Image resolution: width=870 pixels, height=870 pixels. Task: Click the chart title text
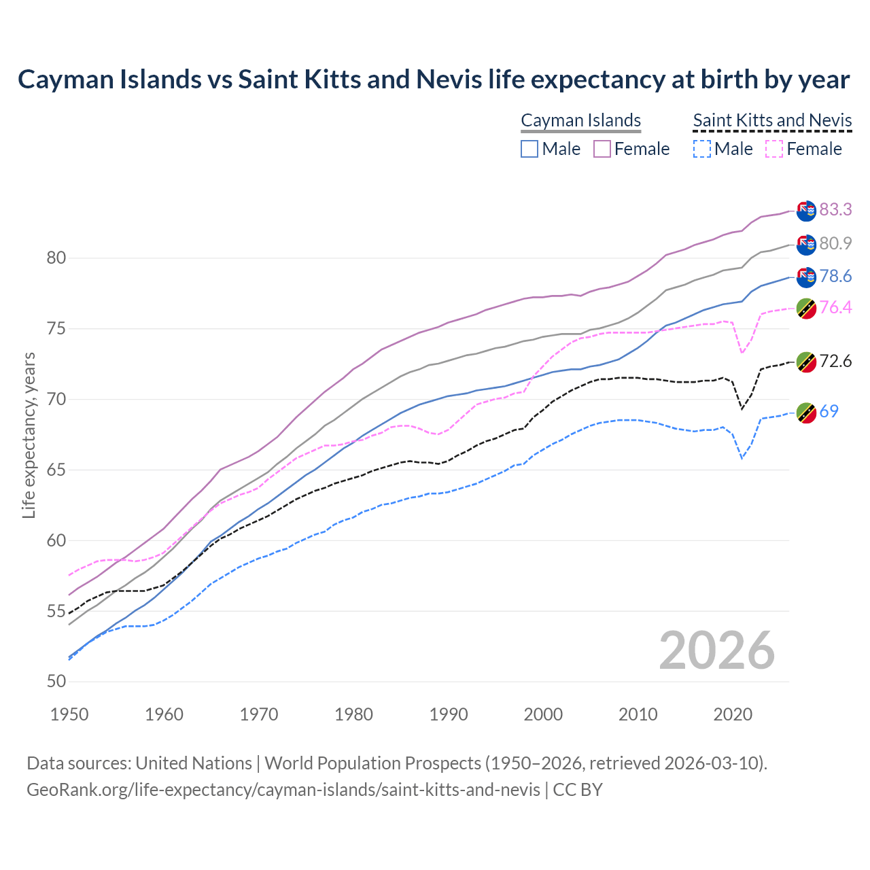click(434, 80)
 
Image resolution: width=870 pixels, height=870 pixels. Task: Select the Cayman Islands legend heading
click(580, 120)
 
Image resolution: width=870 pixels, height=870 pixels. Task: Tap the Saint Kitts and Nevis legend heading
click(772, 120)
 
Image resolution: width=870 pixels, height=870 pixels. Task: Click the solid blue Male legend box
click(529, 149)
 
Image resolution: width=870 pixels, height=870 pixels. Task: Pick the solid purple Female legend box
click(602, 149)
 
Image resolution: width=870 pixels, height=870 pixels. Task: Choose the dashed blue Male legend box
click(702, 149)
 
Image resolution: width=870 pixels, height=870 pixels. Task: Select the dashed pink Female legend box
click(774, 149)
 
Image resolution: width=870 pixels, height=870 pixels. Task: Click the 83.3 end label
click(835, 209)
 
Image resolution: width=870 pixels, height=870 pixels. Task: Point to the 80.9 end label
click(835, 243)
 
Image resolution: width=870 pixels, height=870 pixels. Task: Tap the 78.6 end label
click(835, 276)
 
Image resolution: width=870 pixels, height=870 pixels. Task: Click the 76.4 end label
click(835, 307)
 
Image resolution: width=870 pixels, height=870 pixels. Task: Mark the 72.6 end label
click(835, 361)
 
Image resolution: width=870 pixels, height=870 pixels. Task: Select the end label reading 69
click(829, 411)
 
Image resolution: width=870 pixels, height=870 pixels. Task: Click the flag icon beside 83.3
click(806, 211)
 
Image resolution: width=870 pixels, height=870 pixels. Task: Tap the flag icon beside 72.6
click(806, 362)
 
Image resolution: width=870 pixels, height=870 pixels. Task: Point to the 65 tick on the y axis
click(56, 470)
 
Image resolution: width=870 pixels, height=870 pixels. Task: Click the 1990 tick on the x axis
click(449, 714)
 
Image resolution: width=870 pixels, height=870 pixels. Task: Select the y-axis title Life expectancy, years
click(29, 435)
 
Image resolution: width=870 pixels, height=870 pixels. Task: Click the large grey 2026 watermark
click(717, 650)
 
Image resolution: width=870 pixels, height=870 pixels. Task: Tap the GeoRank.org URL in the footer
click(283, 790)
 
